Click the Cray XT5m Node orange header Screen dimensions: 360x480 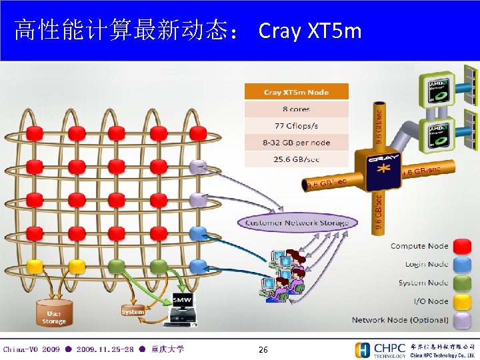coord(295,92)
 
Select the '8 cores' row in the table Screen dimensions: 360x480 coord(295,109)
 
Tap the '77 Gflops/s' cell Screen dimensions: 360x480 coord(295,125)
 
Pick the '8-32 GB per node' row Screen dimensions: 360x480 coord(295,143)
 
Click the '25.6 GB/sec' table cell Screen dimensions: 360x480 coord(295,159)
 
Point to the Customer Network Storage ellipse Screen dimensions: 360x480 coord(297,222)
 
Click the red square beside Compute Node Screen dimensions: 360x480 coord(461,246)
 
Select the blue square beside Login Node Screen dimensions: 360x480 coord(461,265)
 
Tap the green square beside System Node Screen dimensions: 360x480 coord(461,283)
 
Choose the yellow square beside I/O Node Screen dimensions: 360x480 coord(461,301)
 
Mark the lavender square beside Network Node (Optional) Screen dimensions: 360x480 coord(461,319)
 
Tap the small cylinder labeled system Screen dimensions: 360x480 coord(133,312)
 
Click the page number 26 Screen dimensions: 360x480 coord(263,349)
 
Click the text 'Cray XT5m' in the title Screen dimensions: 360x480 coord(309,31)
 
